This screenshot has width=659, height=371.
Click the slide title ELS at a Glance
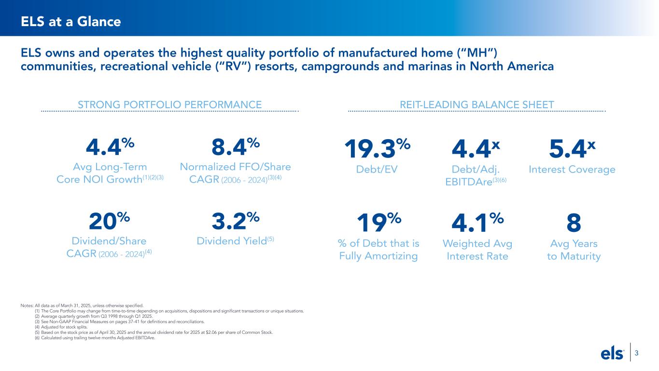pos(70,22)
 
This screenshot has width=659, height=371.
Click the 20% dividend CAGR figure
pos(110,222)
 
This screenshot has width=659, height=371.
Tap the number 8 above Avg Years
pos(574,223)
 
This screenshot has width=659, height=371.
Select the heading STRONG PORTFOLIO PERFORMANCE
pos(170,104)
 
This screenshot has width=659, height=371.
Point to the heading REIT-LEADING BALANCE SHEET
pos(477,104)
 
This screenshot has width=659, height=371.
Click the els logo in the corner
pos(612,354)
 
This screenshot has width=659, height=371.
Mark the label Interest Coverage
pos(572,170)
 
